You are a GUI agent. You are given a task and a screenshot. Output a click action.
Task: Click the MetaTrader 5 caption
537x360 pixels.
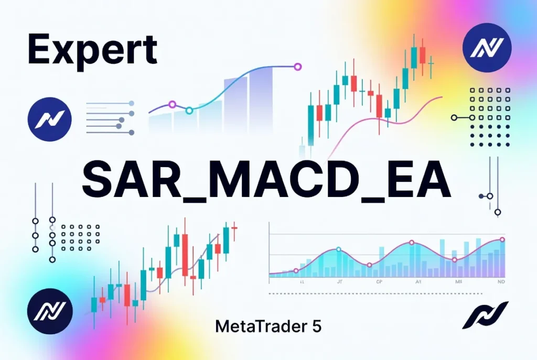pyautogui.click(x=268, y=326)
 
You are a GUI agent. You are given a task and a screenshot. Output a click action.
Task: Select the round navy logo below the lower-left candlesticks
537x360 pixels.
pyautogui.click(x=49, y=311)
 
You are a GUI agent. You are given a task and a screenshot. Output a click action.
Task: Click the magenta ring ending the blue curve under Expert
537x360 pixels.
pyautogui.click(x=298, y=67)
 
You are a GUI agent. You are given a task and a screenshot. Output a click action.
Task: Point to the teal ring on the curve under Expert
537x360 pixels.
pyautogui.click(x=189, y=110)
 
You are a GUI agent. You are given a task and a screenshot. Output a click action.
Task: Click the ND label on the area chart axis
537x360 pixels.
pyautogui.click(x=501, y=281)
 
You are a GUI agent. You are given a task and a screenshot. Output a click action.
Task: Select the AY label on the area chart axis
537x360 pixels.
pyautogui.click(x=418, y=281)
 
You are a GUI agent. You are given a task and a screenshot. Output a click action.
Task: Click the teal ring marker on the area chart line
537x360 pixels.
pyautogui.click(x=338, y=249)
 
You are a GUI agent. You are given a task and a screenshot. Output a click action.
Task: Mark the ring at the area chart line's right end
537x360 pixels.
pyautogui.click(x=502, y=239)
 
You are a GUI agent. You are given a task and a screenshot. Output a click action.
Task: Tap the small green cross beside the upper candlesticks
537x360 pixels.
pyautogui.click(x=431, y=63)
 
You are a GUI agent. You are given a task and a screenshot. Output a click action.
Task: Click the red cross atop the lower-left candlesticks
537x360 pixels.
pyautogui.click(x=234, y=227)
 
